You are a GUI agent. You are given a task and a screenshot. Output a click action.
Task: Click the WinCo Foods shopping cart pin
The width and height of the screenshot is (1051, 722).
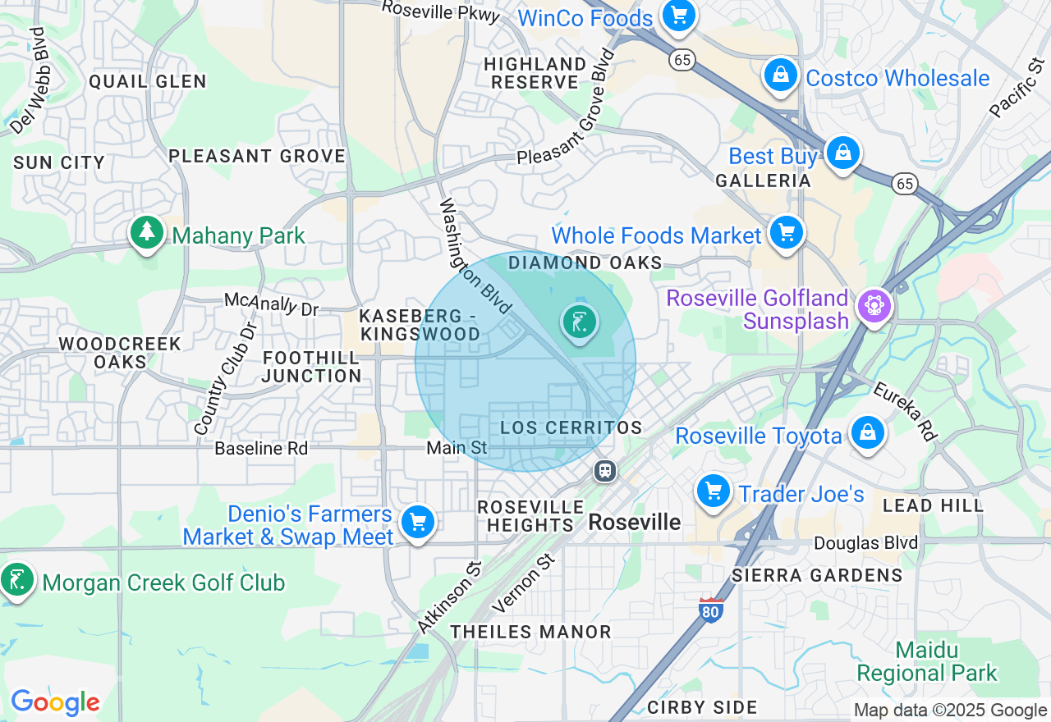click(678, 15)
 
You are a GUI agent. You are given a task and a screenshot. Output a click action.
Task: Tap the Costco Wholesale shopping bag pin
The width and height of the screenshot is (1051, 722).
click(781, 75)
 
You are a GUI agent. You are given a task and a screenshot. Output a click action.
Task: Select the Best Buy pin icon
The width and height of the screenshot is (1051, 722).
click(842, 153)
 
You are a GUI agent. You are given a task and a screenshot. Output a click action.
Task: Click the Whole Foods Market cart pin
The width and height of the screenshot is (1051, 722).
click(787, 233)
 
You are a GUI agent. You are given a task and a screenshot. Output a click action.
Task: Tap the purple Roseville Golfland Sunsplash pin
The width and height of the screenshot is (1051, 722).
click(874, 306)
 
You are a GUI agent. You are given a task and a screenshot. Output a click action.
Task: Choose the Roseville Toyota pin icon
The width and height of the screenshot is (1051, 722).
click(867, 432)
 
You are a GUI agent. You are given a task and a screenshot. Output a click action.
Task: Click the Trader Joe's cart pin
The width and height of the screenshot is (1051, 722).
click(714, 491)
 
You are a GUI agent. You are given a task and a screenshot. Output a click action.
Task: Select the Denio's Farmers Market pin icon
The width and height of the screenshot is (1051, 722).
click(418, 522)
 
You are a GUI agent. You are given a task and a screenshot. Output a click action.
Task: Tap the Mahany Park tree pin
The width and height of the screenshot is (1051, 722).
click(147, 232)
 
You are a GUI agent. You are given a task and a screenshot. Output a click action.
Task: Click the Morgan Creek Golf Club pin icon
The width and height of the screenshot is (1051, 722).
click(17, 580)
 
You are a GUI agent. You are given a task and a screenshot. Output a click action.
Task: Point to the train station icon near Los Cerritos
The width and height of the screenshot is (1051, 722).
click(605, 471)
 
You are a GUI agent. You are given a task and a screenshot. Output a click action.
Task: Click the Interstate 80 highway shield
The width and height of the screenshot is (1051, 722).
click(711, 610)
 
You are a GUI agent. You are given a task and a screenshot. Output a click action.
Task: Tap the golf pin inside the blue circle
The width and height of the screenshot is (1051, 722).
click(581, 322)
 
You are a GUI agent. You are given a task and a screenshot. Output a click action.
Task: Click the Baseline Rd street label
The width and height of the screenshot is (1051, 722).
click(261, 449)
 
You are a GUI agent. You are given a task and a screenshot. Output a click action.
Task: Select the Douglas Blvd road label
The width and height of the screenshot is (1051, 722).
click(865, 543)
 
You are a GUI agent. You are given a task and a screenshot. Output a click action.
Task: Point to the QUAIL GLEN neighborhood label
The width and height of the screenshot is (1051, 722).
click(148, 81)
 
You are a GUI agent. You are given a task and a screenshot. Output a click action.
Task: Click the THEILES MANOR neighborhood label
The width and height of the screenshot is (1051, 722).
click(530, 632)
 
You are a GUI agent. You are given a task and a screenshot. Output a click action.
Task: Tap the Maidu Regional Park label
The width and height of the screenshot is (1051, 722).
click(927, 662)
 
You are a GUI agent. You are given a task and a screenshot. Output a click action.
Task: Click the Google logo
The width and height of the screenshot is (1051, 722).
click(55, 702)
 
